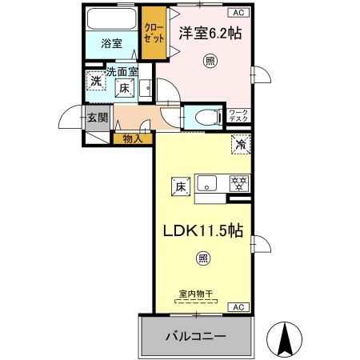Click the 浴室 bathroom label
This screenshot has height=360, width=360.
[111, 44]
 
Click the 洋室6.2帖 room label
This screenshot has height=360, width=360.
[209, 33]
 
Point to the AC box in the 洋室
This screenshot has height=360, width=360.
[238, 12]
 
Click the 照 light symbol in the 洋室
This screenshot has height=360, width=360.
[210, 62]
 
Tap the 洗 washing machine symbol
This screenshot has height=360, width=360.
[96, 80]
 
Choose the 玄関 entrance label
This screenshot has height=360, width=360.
[97, 118]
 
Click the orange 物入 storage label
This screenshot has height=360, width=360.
[133, 139]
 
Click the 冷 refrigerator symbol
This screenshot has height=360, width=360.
[239, 145]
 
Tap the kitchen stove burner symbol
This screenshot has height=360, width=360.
[238, 182]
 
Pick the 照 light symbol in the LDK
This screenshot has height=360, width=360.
[203, 257]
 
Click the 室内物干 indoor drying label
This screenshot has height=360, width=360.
[196, 294]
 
